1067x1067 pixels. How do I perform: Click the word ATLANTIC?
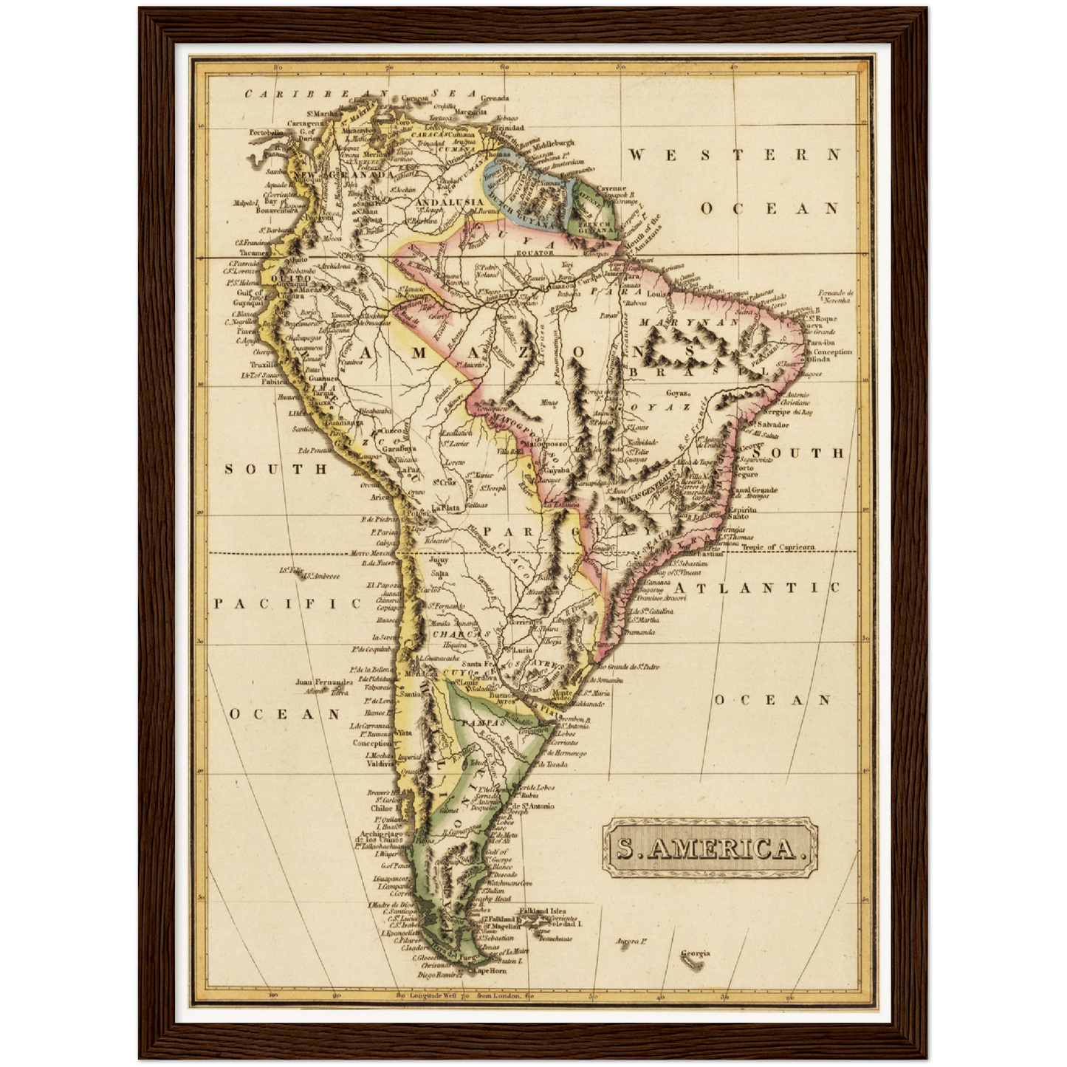click(x=756, y=588)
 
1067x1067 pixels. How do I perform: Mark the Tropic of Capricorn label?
click(x=778, y=547)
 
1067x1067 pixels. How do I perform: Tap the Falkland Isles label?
click(x=543, y=911)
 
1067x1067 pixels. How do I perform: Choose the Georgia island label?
click(x=695, y=953)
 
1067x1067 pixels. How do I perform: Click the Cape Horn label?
click(x=490, y=971)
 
